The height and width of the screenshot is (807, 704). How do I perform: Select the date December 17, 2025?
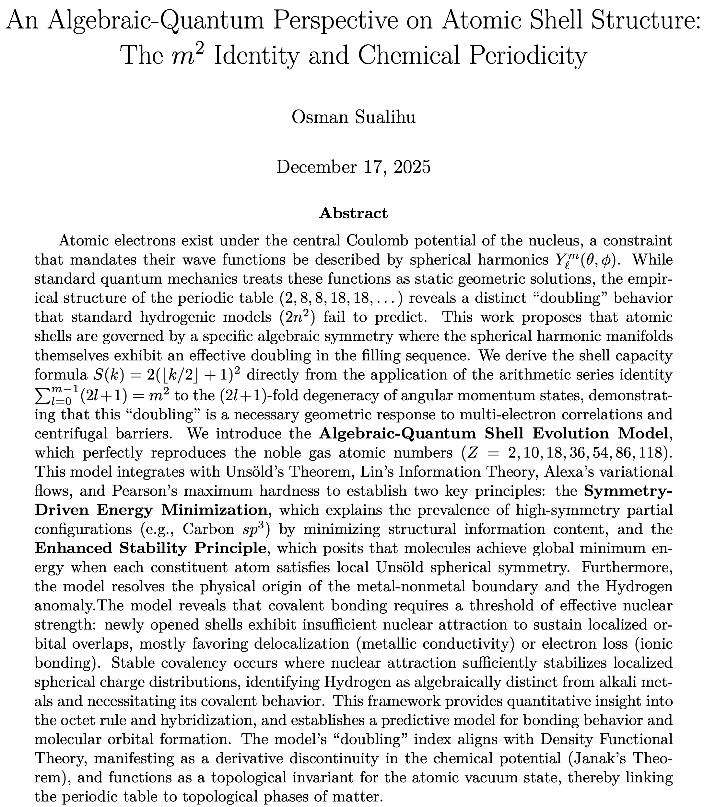353,167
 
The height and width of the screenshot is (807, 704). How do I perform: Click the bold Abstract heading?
353,213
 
